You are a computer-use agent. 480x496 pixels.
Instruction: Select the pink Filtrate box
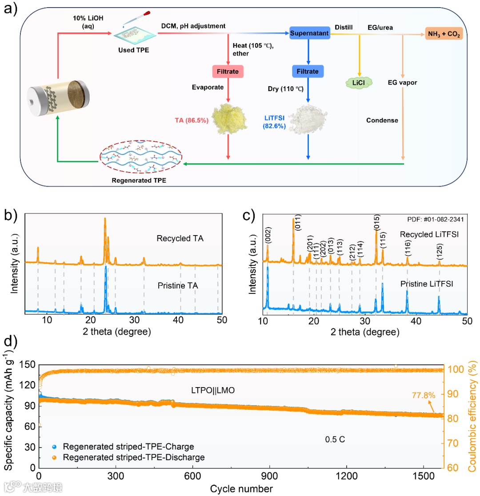click(x=228, y=71)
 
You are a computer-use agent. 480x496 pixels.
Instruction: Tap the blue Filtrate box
click(x=308, y=71)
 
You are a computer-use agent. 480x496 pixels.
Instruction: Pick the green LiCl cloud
click(x=359, y=82)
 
